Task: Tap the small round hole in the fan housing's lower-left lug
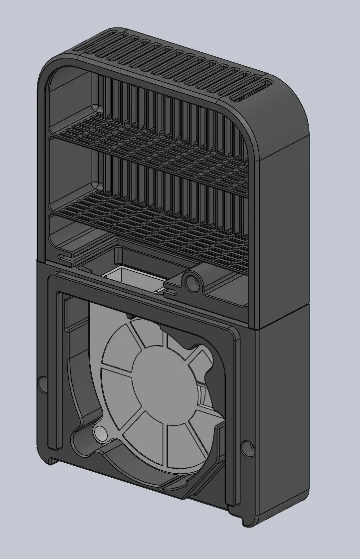100,432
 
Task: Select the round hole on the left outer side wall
42,384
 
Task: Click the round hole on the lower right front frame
246,448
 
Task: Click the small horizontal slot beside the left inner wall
63,257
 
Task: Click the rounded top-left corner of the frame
50,70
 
